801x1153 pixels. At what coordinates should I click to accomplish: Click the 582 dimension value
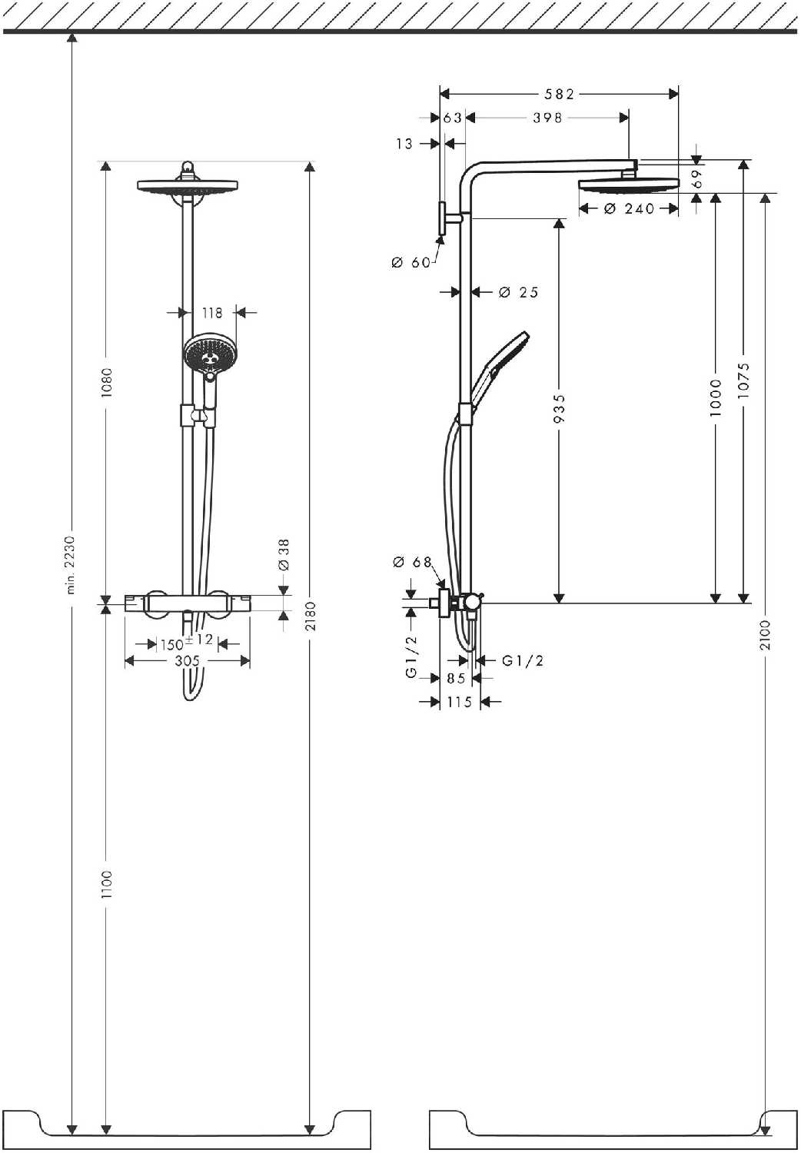tap(559, 94)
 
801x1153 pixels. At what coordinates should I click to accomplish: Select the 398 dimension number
tap(547, 118)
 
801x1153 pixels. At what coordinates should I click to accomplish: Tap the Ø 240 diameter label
tap(629, 208)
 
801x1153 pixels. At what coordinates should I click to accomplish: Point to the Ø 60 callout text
tap(411, 263)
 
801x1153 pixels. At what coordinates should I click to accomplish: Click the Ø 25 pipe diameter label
tap(519, 292)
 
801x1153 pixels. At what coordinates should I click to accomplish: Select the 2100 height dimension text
tap(765, 634)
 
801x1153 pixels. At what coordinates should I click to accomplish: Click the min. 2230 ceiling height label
tap(71, 565)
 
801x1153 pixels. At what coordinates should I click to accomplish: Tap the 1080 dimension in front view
tap(107, 381)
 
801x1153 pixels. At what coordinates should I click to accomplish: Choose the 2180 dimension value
tap(311, 616)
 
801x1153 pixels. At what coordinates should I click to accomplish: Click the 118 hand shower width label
tap(212, 313)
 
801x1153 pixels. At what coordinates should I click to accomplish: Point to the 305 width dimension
tap(187, 660)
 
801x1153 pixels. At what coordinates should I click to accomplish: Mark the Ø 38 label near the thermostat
tap(284, 554)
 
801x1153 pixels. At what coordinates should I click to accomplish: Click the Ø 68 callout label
tap(413, 563)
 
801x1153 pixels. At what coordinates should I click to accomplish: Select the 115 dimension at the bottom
tap(459, 702)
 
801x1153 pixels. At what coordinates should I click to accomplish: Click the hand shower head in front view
tap(206, 353)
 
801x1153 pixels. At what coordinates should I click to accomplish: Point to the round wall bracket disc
tap(443, 219)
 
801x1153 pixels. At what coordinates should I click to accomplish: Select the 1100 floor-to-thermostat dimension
tap(107, 884)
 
